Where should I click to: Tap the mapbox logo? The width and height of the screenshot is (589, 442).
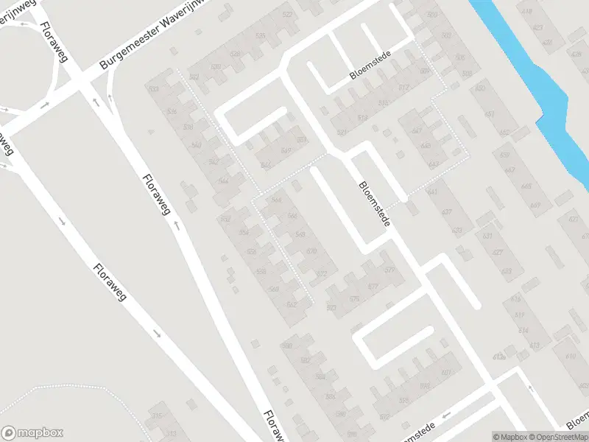pyautogui.click(x=32, y=433)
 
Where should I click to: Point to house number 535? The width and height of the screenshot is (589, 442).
pyautogui.click(x=260, y=36)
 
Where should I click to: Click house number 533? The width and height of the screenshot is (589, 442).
pyautogui.click(x=153, y=89)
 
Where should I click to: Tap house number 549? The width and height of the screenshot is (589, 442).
pyautogui.click(x=286, y=150)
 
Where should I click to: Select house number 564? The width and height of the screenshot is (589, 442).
pyautogui.click(x=277, y=200)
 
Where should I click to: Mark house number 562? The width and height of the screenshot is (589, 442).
pyautogui.click(x=292, y=304)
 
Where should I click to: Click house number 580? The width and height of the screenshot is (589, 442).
pyautogui.click(x=287, y=345)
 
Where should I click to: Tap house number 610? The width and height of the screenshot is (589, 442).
pyautogui.click(x=570, y=356)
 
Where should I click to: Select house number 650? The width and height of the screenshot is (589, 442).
pyautogui.click(x=480, y=89)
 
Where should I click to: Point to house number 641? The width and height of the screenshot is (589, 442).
pyautogui.click(x=432, y=192)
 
